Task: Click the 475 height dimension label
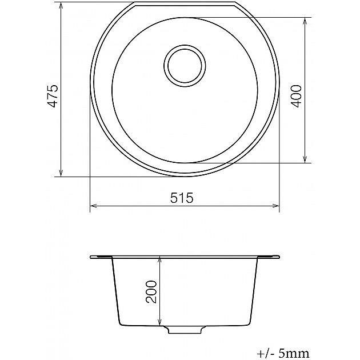point(53,96)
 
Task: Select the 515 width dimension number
point(182,198)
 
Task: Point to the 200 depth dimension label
point(151,291)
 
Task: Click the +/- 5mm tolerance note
point(283,353)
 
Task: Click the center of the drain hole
point(185,66)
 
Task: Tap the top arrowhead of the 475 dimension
point(61,6)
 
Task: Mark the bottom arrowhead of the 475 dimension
point(61,173)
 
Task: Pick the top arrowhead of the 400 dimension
point(305,21)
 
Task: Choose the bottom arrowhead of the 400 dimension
point(305,159)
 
